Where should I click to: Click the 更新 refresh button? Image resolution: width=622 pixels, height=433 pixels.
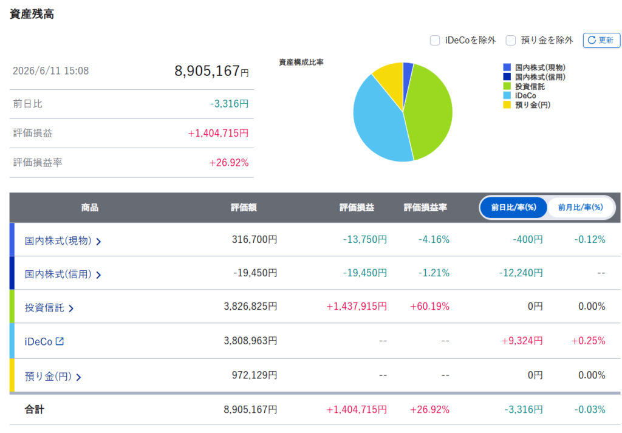click(601, 40)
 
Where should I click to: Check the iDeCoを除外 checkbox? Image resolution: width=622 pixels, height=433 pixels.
click(435, 41)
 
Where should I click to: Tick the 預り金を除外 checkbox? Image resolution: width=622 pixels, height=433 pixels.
click(510, 41)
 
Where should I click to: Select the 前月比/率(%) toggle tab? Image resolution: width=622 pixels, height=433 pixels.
click(580, 207)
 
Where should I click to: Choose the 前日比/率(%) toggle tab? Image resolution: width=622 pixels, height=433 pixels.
click(514, 207)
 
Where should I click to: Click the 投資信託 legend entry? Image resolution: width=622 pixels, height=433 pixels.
click(524, 86)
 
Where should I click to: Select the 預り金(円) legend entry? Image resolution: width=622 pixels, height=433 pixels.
click(527, 105)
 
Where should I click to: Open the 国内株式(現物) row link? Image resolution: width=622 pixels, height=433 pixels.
click(63, 240)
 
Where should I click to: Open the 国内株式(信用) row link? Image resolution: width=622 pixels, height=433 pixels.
click(63, 274)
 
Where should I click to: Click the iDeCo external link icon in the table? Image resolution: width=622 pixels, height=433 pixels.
click(60, 341)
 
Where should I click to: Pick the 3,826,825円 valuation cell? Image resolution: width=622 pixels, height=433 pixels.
click(250, 307)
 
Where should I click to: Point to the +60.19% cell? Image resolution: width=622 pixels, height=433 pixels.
click(429, 307)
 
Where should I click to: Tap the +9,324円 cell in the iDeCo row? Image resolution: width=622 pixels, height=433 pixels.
click(522, 341)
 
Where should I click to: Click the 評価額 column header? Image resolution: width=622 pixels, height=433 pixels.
click(244, 207)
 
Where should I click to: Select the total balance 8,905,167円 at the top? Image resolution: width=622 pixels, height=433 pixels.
click(211, 71)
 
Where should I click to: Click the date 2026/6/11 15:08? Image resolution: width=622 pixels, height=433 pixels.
click(51, 71)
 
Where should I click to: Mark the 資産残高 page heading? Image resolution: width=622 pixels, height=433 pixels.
click(32, 15)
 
